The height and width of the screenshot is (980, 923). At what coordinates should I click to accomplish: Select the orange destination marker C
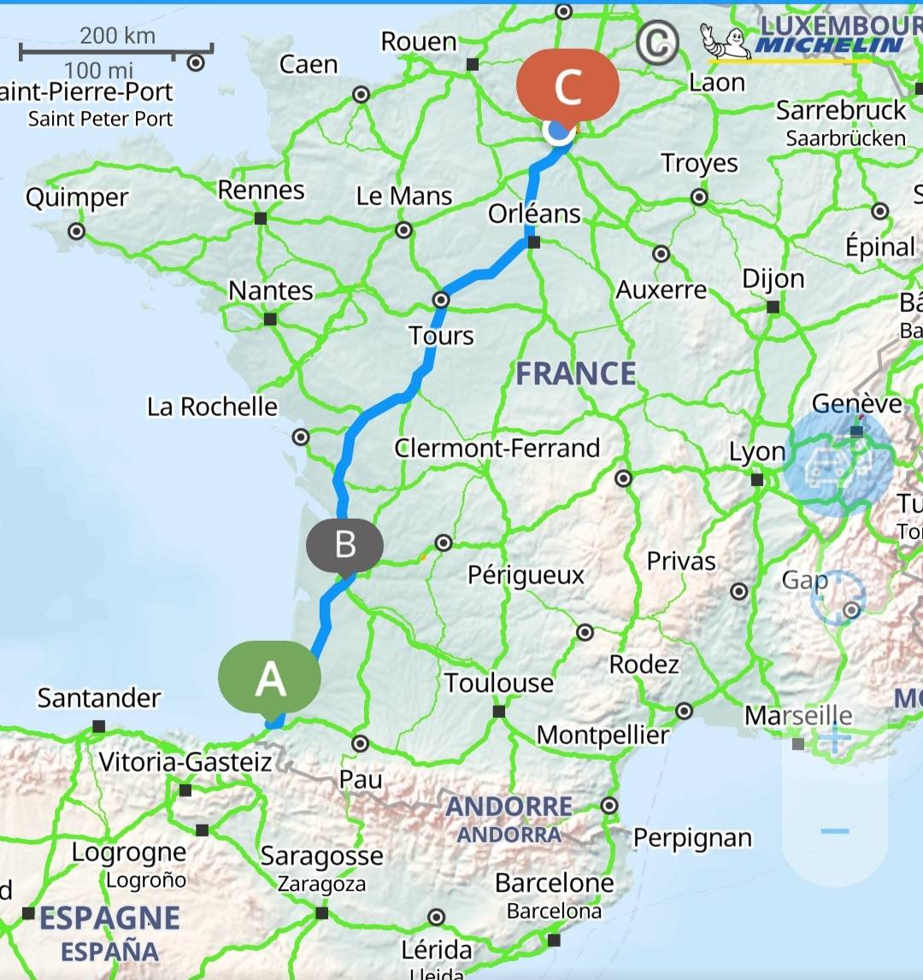point(567,85)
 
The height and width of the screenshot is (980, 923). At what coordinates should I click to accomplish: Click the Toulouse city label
point(499,683)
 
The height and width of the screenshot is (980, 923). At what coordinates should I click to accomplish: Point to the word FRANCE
point(576,373)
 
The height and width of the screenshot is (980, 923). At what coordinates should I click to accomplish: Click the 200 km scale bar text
point(117,35)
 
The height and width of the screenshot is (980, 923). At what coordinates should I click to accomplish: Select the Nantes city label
point(271,290)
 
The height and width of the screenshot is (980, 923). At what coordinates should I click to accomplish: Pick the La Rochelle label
point(212,406)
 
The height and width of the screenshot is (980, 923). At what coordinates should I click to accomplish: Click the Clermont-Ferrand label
point(497,448)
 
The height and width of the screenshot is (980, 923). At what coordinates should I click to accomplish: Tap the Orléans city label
point(534,214)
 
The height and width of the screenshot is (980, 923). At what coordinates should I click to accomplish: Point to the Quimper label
point(77,197)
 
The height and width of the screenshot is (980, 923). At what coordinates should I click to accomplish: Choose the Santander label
point(98,698)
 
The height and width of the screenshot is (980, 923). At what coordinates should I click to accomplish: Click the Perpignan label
point(692,838)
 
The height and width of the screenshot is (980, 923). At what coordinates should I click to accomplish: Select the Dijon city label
point(773,279)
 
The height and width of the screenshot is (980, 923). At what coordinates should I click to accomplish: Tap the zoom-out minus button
point(835,830)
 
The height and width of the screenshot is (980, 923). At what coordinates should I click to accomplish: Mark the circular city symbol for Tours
point(441,300)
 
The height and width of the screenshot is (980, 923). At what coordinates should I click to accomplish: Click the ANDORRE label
point(509,806)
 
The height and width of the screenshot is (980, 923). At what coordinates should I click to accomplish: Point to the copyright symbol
point(657,43)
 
